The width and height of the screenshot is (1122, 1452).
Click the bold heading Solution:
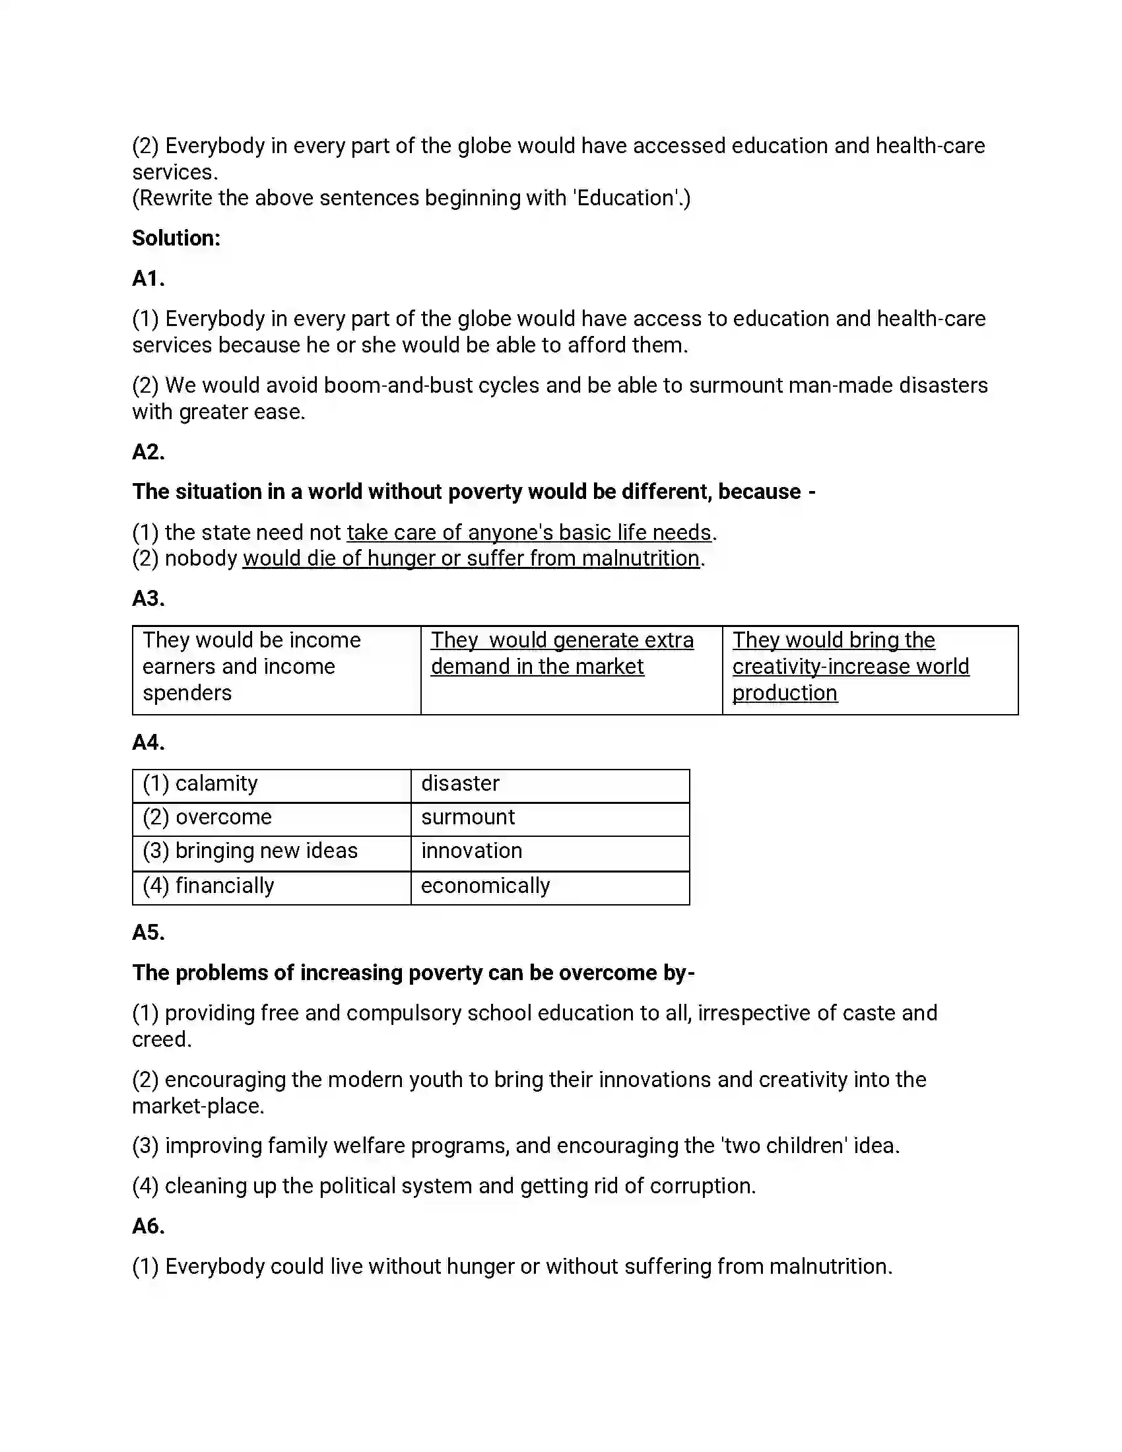coord(176,238)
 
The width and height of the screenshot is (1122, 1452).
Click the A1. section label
coord(148,279)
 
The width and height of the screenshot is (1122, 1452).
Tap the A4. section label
coord(148,742)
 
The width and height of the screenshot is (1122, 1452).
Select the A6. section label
coord(148,1226)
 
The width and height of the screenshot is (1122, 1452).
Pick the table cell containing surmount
coord(550,818)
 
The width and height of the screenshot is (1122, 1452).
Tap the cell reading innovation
coord(550,852)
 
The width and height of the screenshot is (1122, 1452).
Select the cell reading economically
coord(550,887)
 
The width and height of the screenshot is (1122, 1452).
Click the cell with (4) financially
coord(271,887)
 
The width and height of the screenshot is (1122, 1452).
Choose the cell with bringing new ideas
coord(271,852)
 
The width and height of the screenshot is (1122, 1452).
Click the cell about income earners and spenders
coord(276,667)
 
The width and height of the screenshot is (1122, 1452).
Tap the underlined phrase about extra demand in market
coord(562,653)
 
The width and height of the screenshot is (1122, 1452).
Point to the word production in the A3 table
coord(784,694)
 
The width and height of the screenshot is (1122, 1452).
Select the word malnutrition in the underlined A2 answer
coord(640,558)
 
